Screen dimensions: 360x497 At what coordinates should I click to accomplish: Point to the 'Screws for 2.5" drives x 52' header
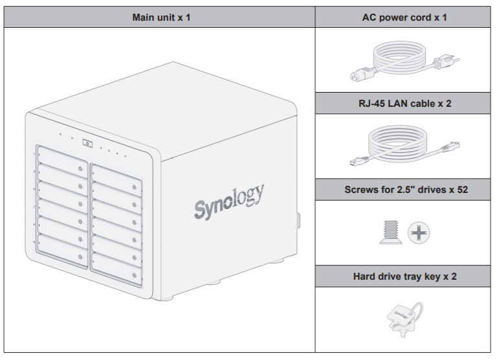(x=404, y=190)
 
